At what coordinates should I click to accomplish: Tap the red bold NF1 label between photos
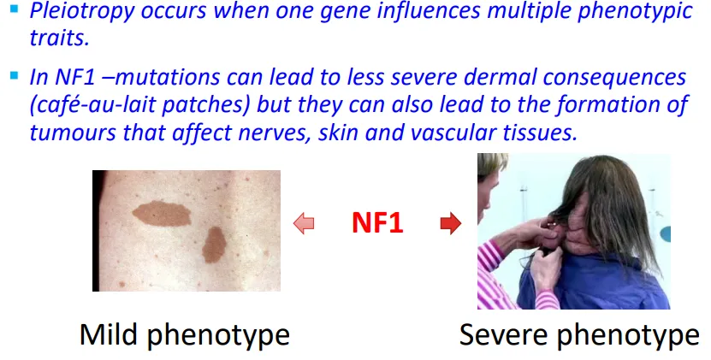(377, 224)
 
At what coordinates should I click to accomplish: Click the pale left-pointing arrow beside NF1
(304, 224)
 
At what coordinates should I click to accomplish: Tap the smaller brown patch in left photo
(214, 245)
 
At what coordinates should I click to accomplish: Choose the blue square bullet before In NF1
(15, 76)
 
